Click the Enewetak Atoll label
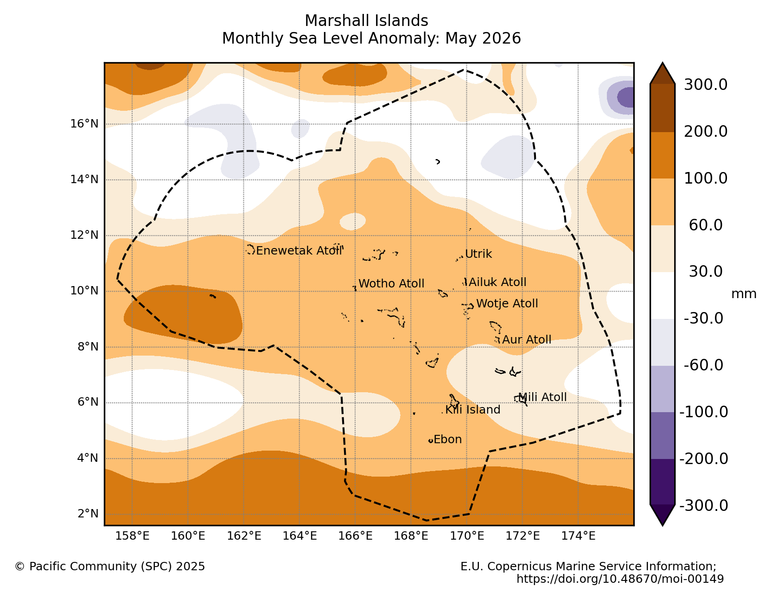299,251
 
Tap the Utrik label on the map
478,254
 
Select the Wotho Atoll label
391,283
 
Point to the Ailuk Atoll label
497,282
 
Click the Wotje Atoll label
507,304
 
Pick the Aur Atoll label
527,339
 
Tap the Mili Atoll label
542,397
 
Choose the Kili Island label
472,410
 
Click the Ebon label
447,440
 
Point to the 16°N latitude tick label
84,124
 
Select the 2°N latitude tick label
88,514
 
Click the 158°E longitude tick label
132,535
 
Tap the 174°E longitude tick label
578,535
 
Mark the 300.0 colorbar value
706,85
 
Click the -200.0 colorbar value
704,459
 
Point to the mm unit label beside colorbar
744,293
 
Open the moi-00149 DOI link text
620,579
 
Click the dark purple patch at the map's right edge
626,97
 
